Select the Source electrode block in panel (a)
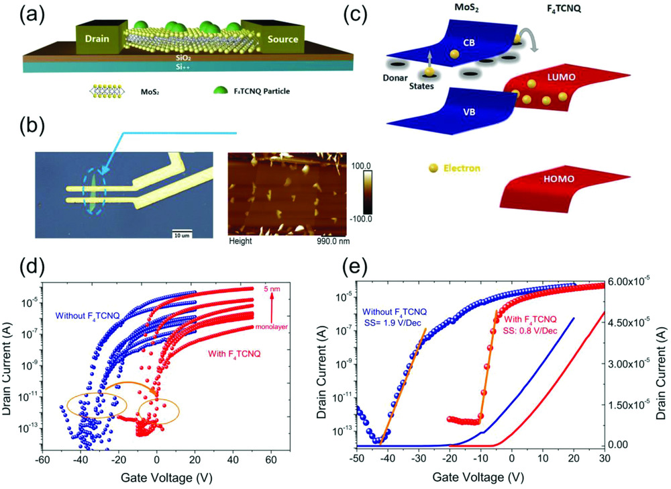(x=281, y=39)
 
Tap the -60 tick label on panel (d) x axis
(x=42, y=460)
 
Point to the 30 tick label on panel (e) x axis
(x=603, y=460)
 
